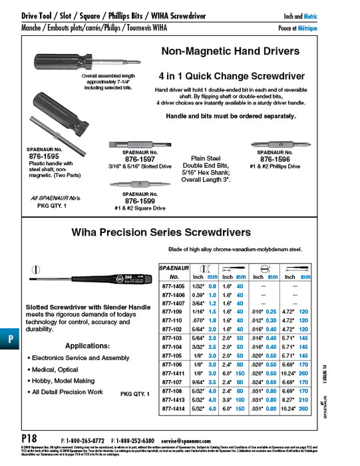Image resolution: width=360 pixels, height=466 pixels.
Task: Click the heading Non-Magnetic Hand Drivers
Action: [x=230, y=51]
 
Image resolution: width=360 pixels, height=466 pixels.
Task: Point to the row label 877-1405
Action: [x=172, y=284]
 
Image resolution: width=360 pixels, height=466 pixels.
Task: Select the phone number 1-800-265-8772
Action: [x=83, y=441]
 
